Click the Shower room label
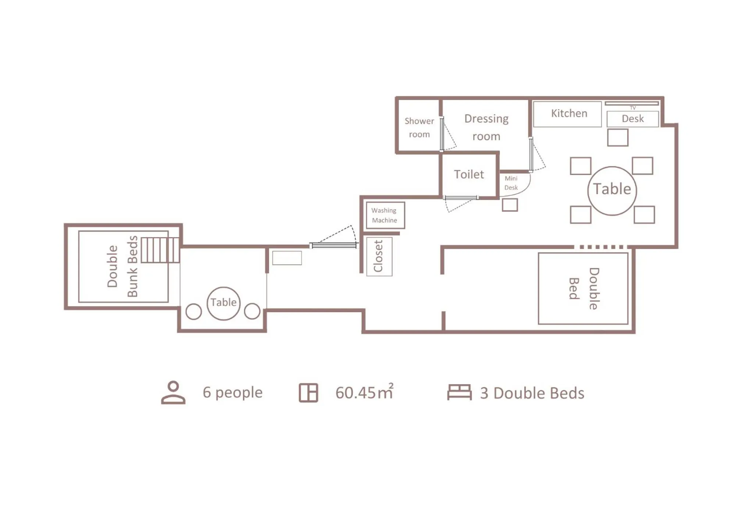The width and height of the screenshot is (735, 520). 419,127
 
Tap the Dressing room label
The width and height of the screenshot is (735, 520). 486,127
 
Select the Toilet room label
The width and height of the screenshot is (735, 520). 469,174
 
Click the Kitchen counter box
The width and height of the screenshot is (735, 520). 567,114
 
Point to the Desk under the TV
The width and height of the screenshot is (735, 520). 632,119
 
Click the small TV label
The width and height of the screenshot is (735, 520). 632,108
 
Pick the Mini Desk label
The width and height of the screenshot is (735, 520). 511,183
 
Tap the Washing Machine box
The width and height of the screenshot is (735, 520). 385,215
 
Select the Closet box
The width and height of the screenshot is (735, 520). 379,256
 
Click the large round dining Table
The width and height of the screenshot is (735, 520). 612,190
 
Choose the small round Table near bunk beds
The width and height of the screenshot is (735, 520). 224,303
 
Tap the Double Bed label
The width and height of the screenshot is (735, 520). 584,288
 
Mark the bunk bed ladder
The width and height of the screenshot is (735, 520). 160,250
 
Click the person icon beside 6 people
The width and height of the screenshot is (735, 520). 173,393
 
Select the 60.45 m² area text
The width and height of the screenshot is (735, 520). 364,392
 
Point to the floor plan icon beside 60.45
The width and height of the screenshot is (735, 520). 308,393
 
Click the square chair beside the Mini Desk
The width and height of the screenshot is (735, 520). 510,205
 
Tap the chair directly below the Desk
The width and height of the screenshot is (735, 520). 617,138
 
